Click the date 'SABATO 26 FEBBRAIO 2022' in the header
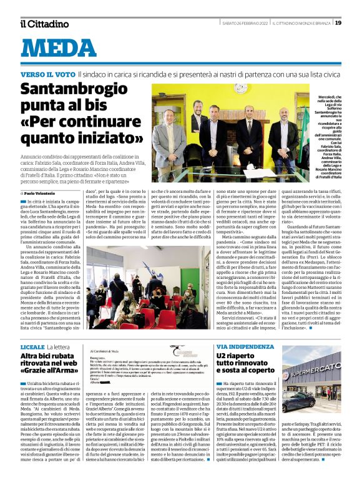[244, 23]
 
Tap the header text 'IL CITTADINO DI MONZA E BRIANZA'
[302, 23]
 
